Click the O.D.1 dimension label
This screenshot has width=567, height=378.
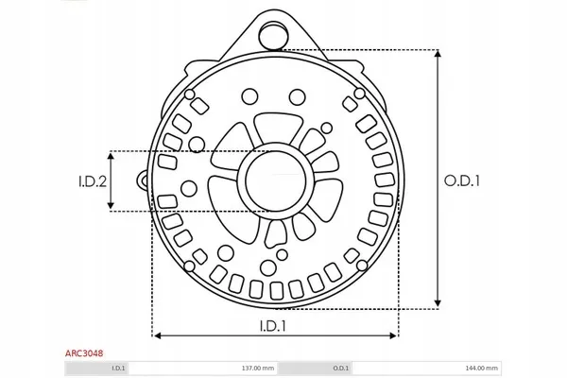pos(462,180)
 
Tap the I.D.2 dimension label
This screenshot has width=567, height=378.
pos(93,181)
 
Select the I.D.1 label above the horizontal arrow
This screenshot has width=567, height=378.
pos(273,326)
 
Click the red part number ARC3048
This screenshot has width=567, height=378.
pos(84,352)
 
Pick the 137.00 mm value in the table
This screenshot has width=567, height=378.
pos(258,369)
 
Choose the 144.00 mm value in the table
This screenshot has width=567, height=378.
pos(481,369)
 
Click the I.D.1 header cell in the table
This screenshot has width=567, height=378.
pos(118,369)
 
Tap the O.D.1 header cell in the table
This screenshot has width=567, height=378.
pos(341,369)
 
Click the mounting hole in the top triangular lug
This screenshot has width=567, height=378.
pos(275,35)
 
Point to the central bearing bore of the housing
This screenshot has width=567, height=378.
pos(275,180)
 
